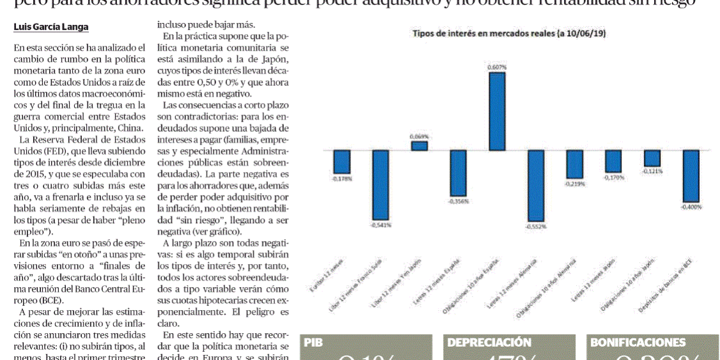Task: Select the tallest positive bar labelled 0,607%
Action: [x=497, y=111]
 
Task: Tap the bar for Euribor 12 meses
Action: [x=342, y=162]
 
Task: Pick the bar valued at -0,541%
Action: [x=381, y=185]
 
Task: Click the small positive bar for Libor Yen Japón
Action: [x=419, y=146]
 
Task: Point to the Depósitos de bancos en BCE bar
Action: [x=691, y=176]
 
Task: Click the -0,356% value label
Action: [x=458, y=201]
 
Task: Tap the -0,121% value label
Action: [x=653, y=171]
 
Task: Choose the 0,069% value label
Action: [x=419, y=137]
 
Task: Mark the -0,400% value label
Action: [x=691, y=207]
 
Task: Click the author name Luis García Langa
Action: [x=51, y=27]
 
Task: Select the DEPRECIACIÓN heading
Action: [x=489, y=343]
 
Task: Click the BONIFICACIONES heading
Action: [x=637, y=343]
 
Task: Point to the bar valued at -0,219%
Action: [x=574, y=164]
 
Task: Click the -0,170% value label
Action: [x=613, y=177]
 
